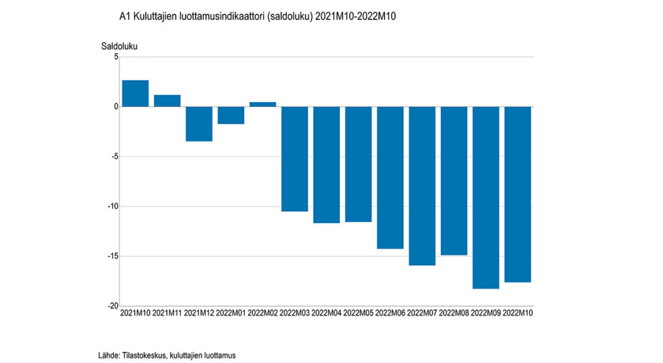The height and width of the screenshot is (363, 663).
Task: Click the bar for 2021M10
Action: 135,93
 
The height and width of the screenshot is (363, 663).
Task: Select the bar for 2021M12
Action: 199,124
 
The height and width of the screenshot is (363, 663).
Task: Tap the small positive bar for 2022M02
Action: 262,104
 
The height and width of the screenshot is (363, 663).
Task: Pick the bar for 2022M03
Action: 295,159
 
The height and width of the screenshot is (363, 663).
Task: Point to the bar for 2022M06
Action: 390,177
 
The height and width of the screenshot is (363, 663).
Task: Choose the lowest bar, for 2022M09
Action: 486,197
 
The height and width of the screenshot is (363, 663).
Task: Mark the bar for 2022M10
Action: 517,194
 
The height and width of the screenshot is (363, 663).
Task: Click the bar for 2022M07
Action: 422,186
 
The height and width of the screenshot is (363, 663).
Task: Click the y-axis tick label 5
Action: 116,57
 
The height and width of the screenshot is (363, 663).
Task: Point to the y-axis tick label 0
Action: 116,107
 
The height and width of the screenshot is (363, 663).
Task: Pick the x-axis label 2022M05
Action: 358,314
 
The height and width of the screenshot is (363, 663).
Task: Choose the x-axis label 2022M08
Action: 454,314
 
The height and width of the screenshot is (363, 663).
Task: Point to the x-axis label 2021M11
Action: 167,314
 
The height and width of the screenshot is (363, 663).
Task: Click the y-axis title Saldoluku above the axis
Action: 119,46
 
